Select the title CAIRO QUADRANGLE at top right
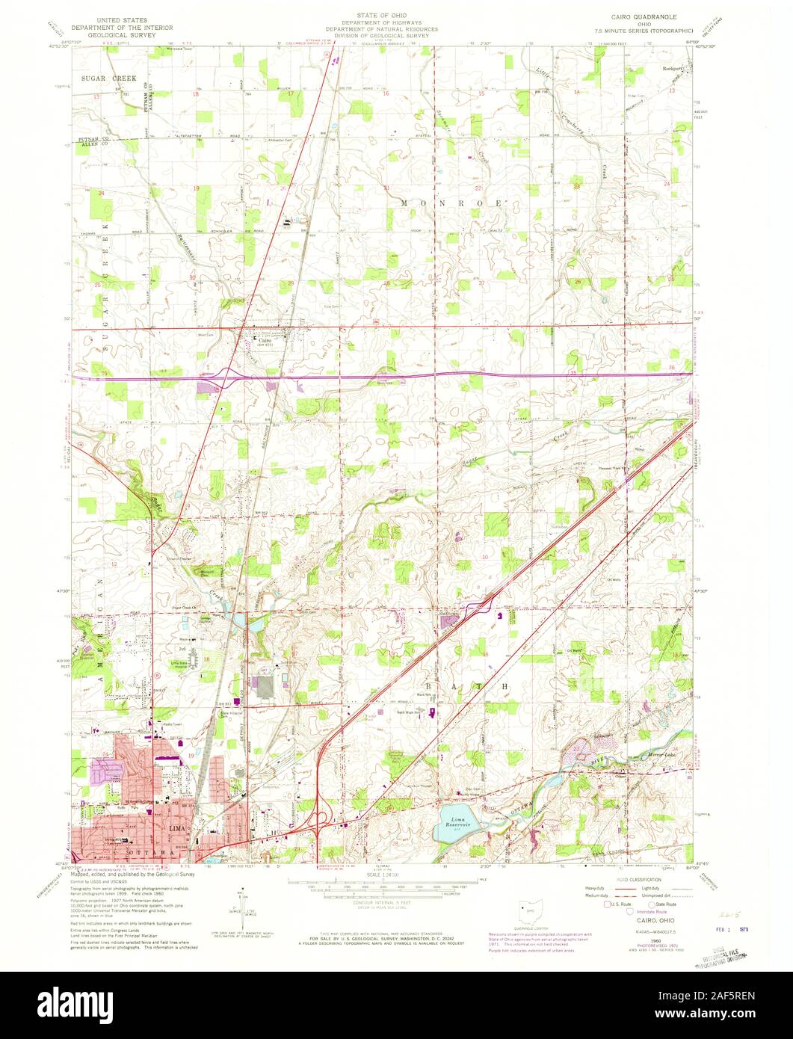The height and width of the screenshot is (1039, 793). point(641,14)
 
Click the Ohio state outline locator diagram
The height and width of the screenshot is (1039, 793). point(529,913)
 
